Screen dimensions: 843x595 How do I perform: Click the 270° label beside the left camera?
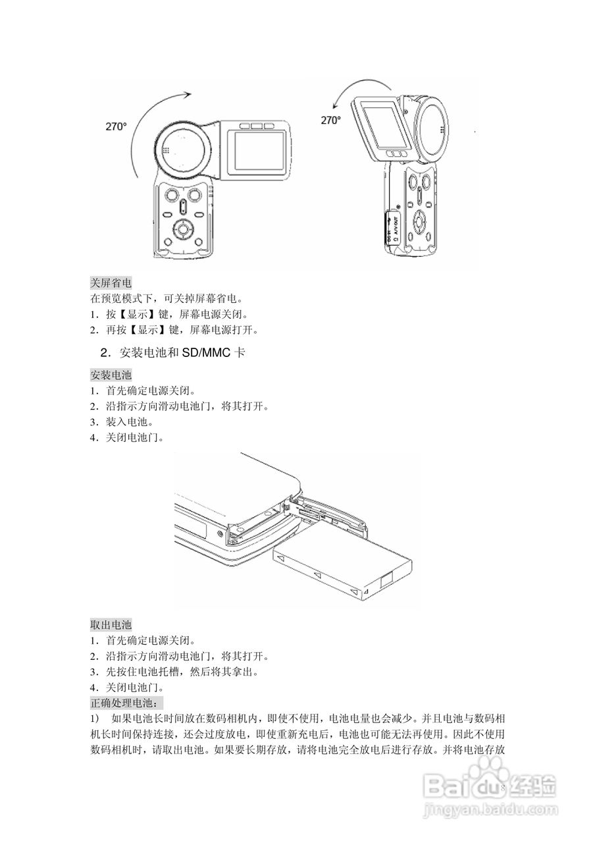[116, 127]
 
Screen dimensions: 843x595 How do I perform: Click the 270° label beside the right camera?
[330, 120]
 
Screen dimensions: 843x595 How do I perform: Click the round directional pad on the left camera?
[182, 230]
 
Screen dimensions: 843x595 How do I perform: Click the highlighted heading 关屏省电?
[111, 282]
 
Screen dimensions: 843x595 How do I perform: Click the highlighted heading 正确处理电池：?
[122, 703]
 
